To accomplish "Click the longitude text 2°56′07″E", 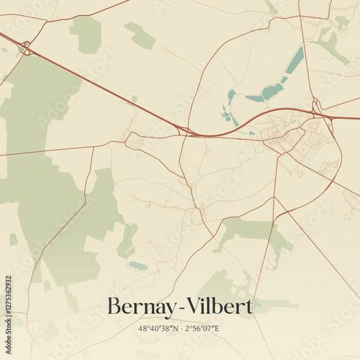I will (202, 329).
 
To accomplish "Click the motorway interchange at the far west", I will (27, 48).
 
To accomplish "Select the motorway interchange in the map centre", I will (182, 130).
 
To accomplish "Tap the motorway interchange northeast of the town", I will (317, 110).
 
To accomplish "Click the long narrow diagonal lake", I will (294, 61).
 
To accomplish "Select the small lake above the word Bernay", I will (138, 266).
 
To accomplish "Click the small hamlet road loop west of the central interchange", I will (134, 140).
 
